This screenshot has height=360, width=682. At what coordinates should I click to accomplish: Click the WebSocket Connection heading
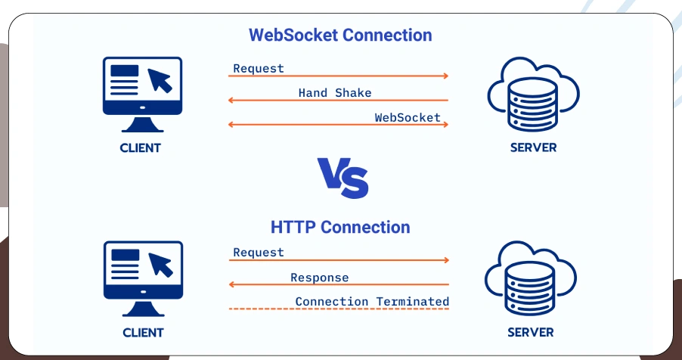click(x=340, y=35)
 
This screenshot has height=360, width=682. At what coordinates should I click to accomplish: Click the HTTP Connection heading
click(x=340, y=227)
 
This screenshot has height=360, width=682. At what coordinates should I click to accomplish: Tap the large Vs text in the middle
click(x=343, y=178)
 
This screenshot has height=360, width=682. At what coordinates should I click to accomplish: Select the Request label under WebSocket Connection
click(x=259, y=68)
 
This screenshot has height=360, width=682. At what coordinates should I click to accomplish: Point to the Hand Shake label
click(x=335, y=93)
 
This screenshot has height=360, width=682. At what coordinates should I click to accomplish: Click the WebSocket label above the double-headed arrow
click(x=408, y=117)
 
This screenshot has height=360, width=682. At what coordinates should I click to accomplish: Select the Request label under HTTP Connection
click(x=259, y=253)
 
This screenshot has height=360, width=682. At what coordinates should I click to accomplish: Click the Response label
click(x=320, y=278)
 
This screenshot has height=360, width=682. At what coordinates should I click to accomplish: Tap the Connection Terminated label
click(x=372, y=302)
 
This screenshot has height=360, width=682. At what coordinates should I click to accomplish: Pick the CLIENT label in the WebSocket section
click(x=141, y=147)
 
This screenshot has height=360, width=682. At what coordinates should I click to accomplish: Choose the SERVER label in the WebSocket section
click(x=533, y=147)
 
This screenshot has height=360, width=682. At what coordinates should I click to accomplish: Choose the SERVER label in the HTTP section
click(x=530, y=332)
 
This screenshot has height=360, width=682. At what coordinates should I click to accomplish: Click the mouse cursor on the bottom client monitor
click(x=161, y=265)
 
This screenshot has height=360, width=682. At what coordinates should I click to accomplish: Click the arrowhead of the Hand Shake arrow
click(x=232, y=101)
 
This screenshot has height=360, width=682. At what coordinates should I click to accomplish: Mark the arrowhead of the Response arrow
click(x=232, y=285)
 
